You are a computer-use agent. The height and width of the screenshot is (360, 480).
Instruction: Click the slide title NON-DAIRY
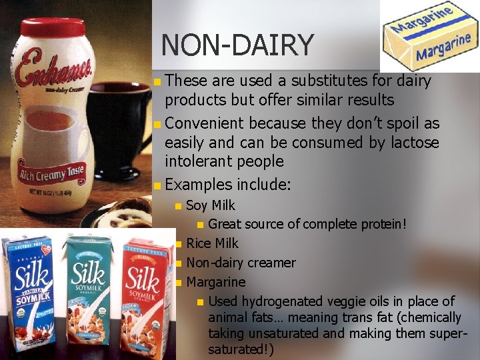[237, 45]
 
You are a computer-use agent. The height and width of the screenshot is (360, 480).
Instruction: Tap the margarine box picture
[430, 36]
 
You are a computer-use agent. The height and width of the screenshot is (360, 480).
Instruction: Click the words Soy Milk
[211, 206]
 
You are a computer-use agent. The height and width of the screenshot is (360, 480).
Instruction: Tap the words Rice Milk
[212, 243]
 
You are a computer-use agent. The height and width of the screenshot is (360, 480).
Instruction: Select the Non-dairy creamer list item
[241, 263]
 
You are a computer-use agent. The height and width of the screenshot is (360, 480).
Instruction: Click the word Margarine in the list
[216, 282]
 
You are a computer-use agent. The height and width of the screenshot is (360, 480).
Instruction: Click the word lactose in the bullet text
[414, 142]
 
